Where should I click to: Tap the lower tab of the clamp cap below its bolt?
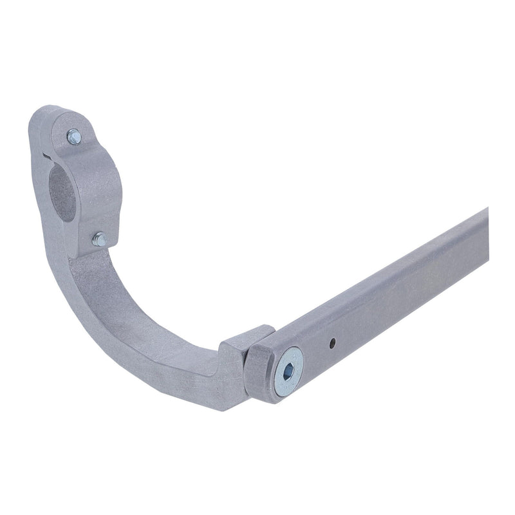coord(106,245)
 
